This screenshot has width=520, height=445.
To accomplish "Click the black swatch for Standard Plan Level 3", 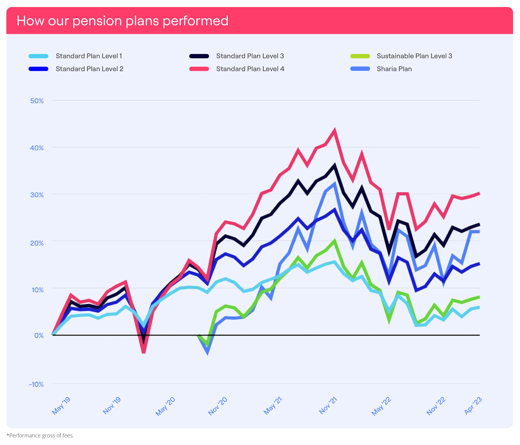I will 199,56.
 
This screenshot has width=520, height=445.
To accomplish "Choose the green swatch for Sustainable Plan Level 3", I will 360,56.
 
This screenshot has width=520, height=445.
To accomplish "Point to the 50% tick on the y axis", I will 37,101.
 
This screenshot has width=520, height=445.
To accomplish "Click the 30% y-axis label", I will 37,195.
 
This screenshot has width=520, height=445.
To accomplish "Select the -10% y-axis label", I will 36,384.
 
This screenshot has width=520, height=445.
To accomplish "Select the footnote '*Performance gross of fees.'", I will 40,436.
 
